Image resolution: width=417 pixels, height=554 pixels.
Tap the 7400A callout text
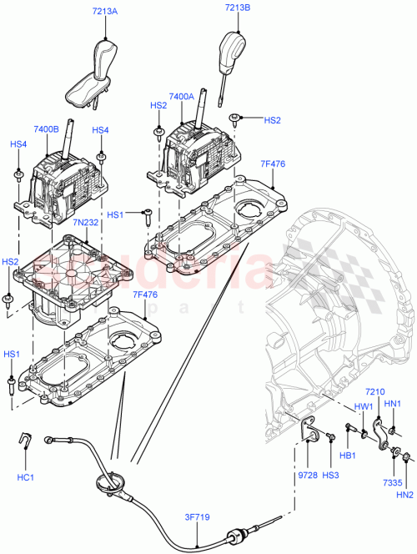(180, 97)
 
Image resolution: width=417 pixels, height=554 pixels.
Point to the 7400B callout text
(47, 130)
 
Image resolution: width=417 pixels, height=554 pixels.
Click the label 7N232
(108, 223)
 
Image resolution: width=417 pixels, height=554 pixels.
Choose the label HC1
(25, 478)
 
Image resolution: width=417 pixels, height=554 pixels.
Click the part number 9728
(307, 476)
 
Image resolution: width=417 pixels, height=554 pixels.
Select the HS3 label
(331, 476)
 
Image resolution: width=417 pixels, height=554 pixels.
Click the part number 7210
(375, 392)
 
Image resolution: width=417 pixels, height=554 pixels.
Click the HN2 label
(405, 496)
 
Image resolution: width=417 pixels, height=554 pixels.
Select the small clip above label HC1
(25, 439)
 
